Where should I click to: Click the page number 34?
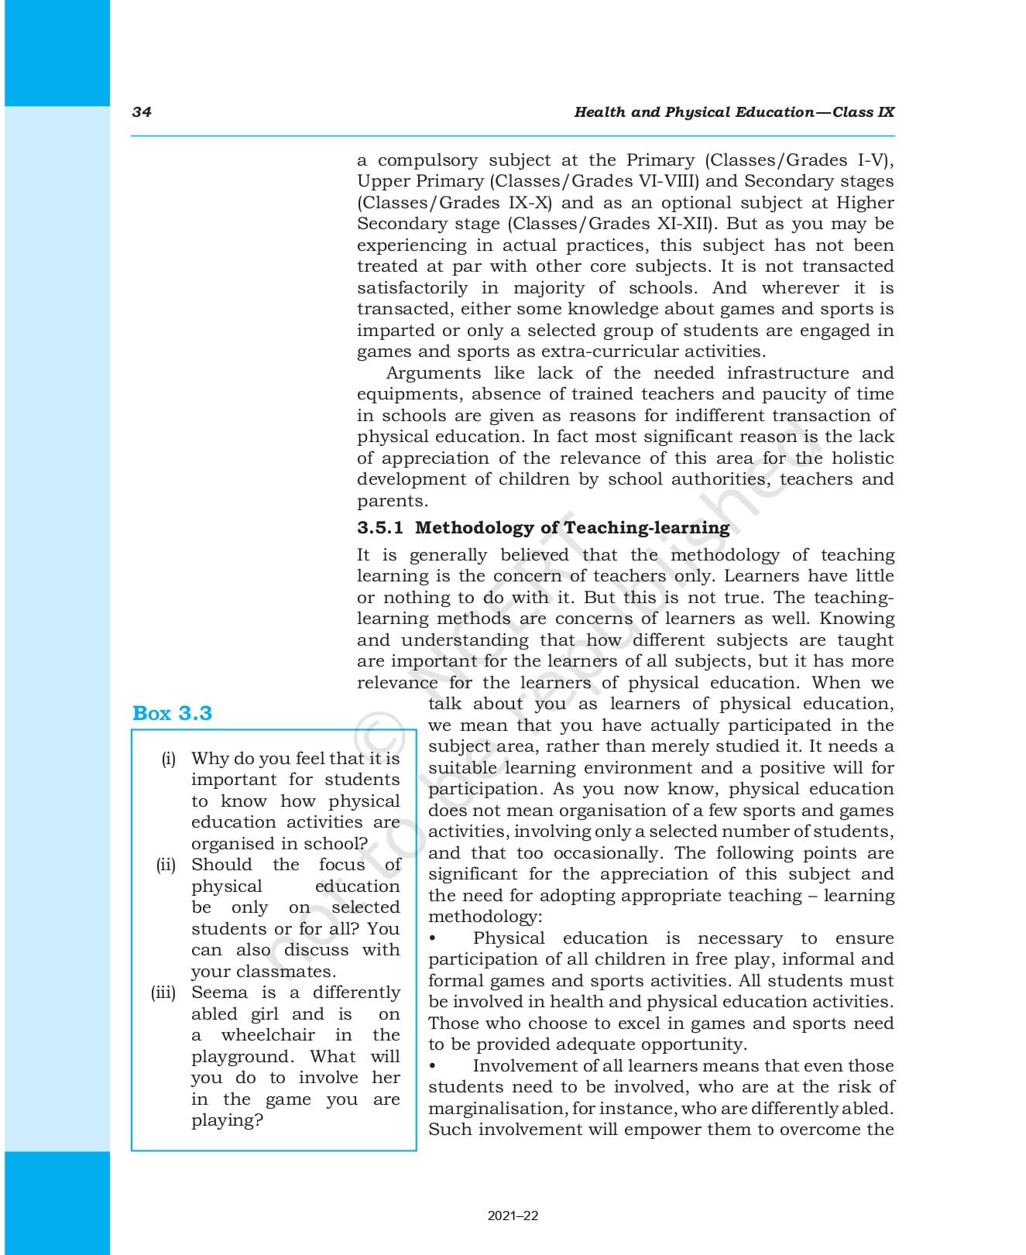142,111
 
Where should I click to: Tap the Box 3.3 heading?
172,713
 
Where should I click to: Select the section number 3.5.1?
379,528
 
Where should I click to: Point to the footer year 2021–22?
513,1216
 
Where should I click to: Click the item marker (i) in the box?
169,759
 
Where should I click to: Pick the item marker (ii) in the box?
166,865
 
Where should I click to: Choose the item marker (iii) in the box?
163,993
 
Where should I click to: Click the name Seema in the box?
219,993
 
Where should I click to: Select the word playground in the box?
242,1057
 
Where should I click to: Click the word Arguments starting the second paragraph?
433,373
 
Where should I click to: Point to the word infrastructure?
787,373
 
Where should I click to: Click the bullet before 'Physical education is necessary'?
433,938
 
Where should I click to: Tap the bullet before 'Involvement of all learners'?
433,1066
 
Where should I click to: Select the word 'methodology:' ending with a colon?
486,917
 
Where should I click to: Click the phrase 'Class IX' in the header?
863,111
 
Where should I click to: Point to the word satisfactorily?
412,288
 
